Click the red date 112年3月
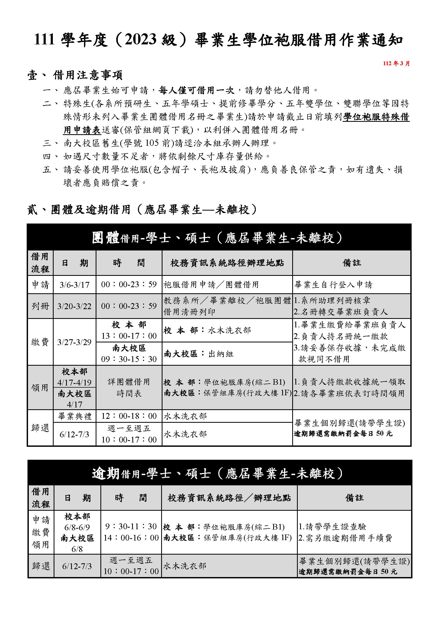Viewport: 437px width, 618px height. (x=396, y=63)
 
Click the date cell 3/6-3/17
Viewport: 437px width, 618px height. (x=75, y=285)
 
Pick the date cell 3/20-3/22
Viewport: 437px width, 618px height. (x=75, y=306)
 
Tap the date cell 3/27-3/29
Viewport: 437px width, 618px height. (x=75, y=342)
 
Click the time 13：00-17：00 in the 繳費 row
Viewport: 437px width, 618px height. (x=129, y=336)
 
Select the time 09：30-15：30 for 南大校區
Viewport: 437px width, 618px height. (x=129, y=359)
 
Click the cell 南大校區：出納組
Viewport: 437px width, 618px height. (x=199, y=354)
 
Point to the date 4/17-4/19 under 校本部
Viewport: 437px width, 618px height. (x=75, y=383)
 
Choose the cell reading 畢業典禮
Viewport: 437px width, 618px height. (x=75, y=416)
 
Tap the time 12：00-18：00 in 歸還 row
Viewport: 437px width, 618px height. (x=129, y=416)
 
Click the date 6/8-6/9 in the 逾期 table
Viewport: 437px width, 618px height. (x=77, y=527)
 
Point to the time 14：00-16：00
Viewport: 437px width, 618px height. (x=131, y=538)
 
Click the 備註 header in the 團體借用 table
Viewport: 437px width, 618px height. (x=351, y=263)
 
